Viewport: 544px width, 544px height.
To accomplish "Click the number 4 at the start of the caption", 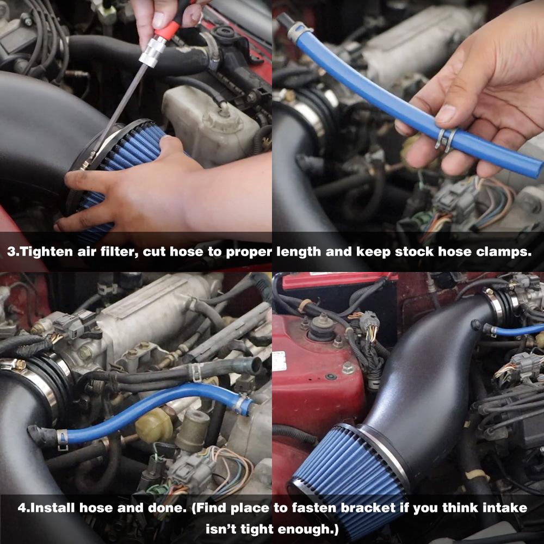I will [22, 508].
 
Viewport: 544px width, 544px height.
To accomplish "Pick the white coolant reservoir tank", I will [209, 122].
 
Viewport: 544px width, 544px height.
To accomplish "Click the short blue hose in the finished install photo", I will [517, 330].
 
